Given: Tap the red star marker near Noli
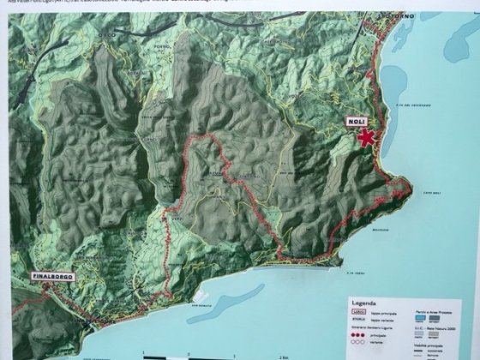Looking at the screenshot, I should click(x=367, y=140).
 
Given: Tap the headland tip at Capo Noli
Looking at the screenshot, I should click(x=407, y=184).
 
